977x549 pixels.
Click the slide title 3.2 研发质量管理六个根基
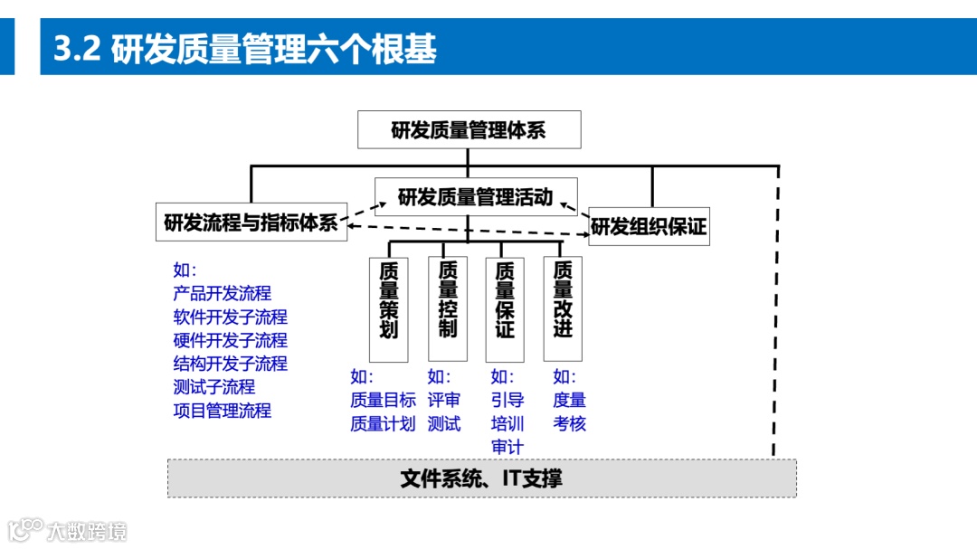coord(245,49)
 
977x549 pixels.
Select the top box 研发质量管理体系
coord(469,130)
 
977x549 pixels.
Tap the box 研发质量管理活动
coord(476,197)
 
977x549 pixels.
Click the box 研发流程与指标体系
coord(251,222)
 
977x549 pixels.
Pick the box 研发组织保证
coord(649,226)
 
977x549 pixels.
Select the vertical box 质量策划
coord(389,308)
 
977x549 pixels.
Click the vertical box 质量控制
coord(447,308)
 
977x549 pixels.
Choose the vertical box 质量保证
coord(505,308)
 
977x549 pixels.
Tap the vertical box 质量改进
coord(563,308)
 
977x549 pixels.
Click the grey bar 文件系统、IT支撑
coord(481,478)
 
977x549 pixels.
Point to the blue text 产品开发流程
coord(222,293)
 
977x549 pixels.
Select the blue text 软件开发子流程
coord(230,317)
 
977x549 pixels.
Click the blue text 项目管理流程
coord(222,410)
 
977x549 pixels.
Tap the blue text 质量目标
coord(383,400)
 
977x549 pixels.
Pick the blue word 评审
coord(444,400)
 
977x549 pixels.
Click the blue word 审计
coord(507,447)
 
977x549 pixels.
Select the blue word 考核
coord(569,423)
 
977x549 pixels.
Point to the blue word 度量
coord(569,400)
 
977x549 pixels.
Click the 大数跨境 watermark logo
coord(68,530)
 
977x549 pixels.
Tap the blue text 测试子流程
coord(213,386)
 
